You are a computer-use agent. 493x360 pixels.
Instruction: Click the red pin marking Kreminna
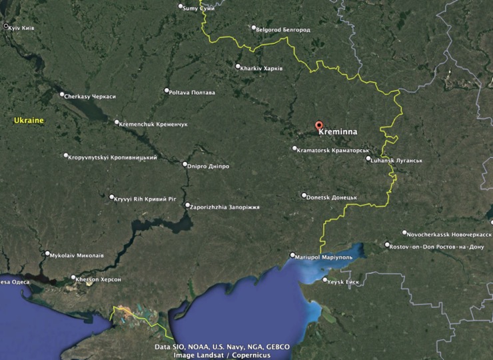point(318,125)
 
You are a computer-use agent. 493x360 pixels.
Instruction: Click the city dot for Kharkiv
point(238,66)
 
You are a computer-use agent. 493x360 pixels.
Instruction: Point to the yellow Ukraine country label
point(29,121)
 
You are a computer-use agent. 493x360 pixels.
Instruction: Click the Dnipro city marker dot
point(185,164)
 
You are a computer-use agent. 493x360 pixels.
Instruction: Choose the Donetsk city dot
point(304,196)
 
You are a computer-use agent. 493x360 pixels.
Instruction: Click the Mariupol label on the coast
point(320,256)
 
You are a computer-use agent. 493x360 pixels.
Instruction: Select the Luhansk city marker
point(368,159)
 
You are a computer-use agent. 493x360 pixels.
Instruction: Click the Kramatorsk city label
point(332,150)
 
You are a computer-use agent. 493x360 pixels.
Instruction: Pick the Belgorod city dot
point(253,29)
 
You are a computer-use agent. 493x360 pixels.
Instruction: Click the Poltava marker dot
point(167,91)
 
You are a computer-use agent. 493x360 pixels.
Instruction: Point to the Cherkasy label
point(90,97)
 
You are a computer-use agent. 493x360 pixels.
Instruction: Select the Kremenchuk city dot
point(117,123)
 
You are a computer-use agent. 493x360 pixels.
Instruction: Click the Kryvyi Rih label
point(144,199)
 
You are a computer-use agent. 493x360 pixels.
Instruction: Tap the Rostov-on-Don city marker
point(387,245)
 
